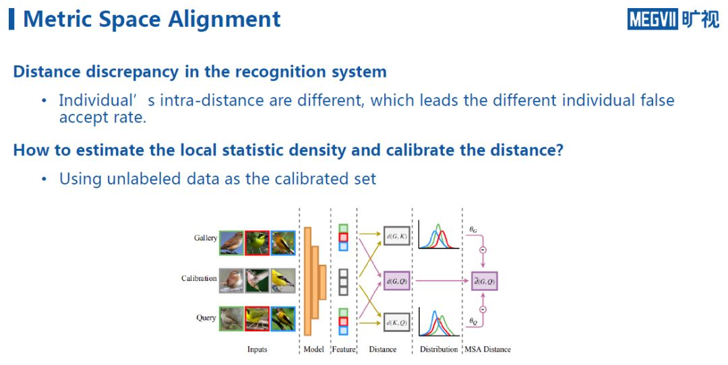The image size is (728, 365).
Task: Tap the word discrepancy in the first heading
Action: click(140, 71)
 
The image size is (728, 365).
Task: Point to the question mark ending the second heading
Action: click(558, 150)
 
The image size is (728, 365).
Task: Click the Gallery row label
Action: click(206, 238)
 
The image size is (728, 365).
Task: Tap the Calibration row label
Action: click(199, 278)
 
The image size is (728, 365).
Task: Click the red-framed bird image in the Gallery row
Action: click(257, 242)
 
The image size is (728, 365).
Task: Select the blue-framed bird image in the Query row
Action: click(283, 318)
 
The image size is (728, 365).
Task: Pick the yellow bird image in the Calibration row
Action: click(283, 280)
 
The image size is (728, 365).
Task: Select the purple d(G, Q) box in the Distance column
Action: click(397, 280)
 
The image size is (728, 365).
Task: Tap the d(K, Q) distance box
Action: click(397, 324)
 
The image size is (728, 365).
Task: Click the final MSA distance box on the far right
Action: click(484, 280)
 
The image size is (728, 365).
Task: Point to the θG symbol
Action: click(473, 230)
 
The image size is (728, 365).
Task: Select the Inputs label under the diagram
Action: click(257, 350)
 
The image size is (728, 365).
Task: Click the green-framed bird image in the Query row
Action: click(231, 318)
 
